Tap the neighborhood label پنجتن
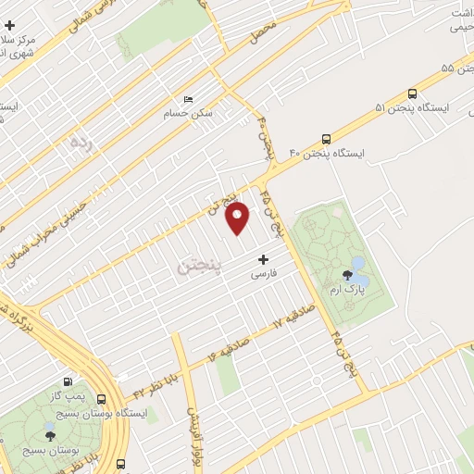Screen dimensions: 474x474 click(x=199, y=267)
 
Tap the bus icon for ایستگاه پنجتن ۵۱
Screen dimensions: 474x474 click(x=411, y=94)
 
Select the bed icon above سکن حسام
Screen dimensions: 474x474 click(x=189, y=99)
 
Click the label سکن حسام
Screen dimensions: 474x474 click(x=197, y=113)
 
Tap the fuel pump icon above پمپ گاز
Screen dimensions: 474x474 click(x=69, y=381)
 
